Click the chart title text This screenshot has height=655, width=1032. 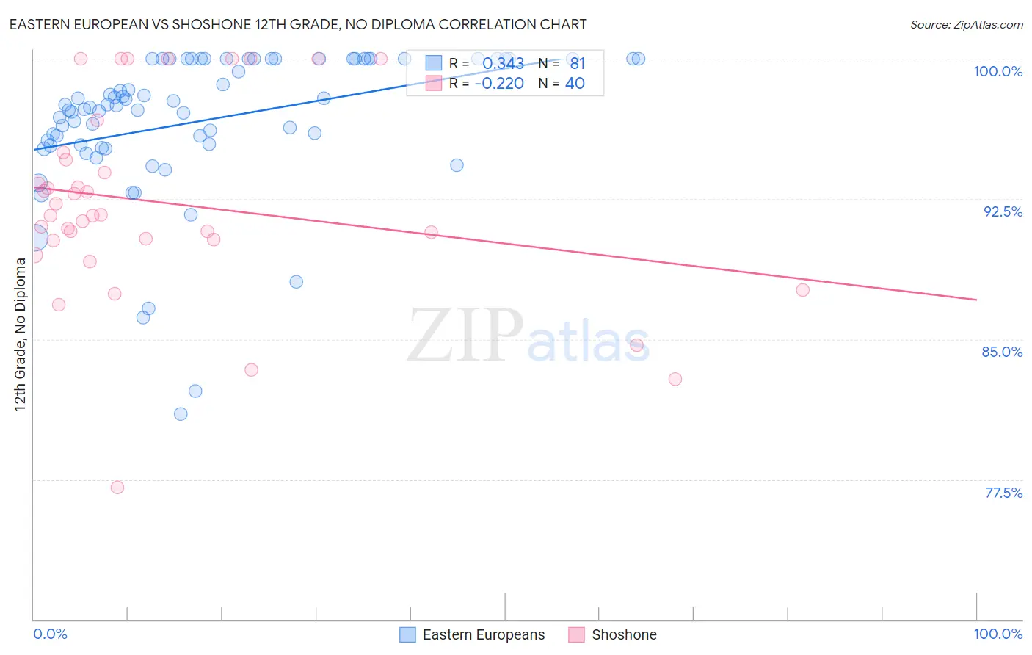coord(298,24)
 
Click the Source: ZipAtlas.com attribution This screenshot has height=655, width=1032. coord(966,25)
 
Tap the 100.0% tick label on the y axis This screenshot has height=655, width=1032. coord(998,71)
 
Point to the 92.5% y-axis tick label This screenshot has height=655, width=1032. coord(1003,211)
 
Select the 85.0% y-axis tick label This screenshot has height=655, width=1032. coord(1002,352)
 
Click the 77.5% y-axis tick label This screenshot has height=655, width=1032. coord(1003,493)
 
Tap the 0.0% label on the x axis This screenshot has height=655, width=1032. coord(50,634)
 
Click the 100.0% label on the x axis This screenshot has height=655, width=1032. coord(998,634)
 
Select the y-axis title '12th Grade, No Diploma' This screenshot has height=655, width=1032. coord(21,334)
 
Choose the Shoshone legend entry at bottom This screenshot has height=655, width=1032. coord(623,634)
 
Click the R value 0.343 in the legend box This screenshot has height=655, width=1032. coord(503,64)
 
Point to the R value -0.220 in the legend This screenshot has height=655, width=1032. coord(499,84)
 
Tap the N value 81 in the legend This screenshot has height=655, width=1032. coord(578,64)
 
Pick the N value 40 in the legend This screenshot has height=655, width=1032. coord(575,84)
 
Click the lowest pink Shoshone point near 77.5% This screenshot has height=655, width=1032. coord(117,487)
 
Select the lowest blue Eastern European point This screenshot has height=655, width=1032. coord(181,414)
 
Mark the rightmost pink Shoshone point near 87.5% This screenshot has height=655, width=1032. coord(803,290)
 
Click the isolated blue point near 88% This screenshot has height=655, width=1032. coord(297,282)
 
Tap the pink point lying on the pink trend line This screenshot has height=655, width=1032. coord(431,232)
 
